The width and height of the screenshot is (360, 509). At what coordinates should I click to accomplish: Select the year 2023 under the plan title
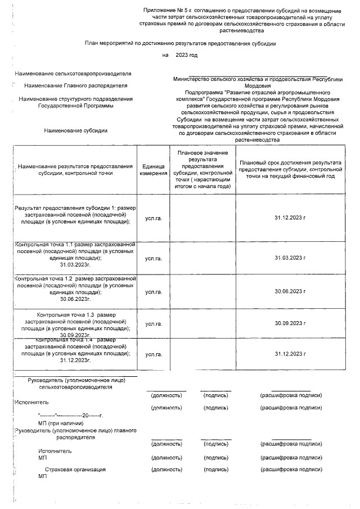186,55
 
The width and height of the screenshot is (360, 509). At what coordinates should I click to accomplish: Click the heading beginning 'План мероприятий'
180,43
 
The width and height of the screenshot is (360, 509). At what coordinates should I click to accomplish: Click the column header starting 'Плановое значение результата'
202,169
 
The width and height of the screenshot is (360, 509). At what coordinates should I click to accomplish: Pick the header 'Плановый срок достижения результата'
290,169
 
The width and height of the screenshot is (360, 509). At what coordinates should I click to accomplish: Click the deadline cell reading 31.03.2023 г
290,258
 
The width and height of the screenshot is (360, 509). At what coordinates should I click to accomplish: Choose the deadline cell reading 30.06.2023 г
290,291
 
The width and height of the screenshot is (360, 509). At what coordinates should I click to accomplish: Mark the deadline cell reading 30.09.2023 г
290,323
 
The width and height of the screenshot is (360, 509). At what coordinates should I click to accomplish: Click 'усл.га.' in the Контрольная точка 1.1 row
154,258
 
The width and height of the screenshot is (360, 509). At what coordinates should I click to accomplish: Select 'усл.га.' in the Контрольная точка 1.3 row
154,323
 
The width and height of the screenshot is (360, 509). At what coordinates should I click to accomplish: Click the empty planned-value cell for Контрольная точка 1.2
202,291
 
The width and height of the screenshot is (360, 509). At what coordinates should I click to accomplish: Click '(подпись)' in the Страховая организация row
216,469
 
